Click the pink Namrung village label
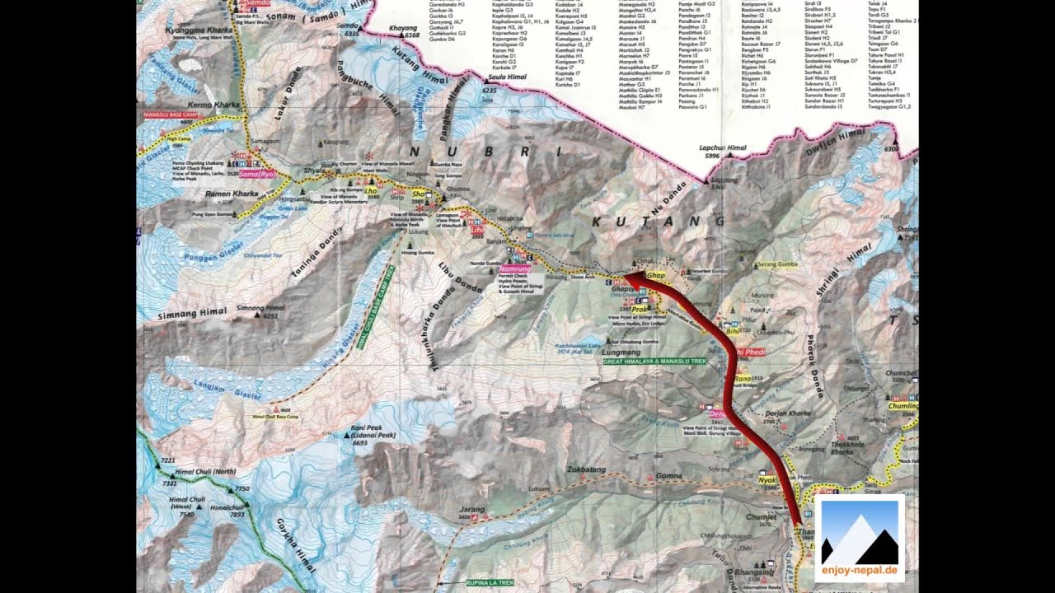click(x=514, y=269)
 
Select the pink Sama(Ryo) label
click(x=256, y=175)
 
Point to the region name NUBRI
click(x=486, y=152)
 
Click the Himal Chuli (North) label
click(x=205, y=472)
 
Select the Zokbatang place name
click(x=586, y=469)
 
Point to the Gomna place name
click(x=668, y=476)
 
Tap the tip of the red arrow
click(x=626, y=278)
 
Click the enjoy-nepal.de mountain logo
click(x=859, y=538)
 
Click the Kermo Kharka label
click(x=213, y=105)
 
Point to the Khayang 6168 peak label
click(x=404, y=30)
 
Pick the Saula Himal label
click(x=507, y=77)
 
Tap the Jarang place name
click(x=472, y=510)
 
